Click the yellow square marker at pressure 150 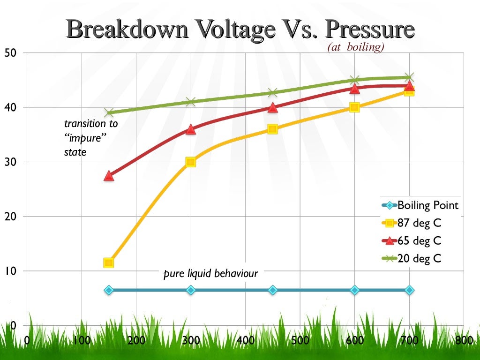point(109,263)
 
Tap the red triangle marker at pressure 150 point(109,176)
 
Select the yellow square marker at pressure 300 point(190,162)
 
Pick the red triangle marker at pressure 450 point(272,107)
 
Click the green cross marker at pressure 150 point(109,112)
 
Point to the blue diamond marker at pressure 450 point(272,290)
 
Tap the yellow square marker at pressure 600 point(354,107)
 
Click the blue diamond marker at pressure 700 point(409,290)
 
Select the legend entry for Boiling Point point(427,205)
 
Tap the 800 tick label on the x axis point(463,340)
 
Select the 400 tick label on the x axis point(245,340)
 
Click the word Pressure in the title point(370,29)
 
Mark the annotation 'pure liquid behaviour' point(210,274)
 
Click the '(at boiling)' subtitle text point(356,47)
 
